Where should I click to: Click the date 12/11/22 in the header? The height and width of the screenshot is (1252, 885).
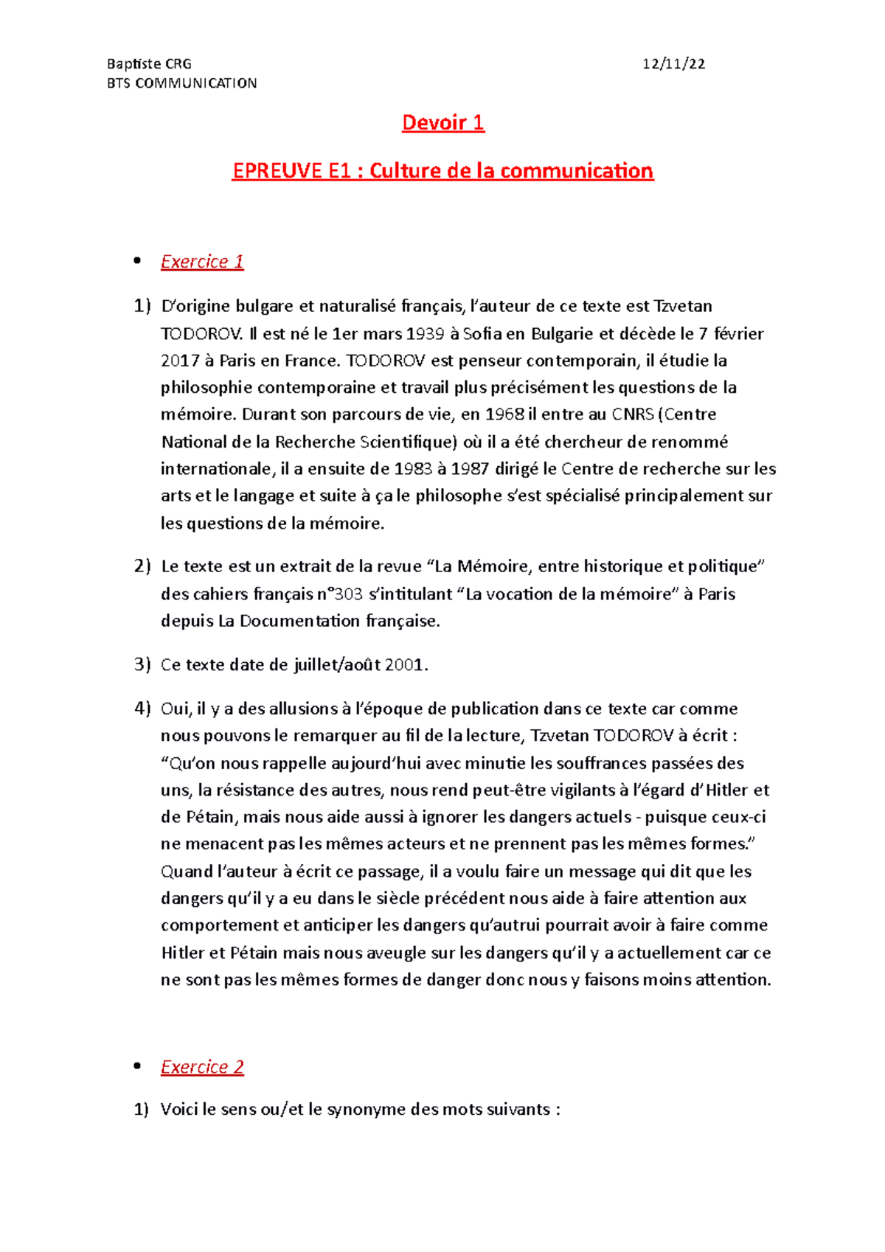click(x=673, y=64)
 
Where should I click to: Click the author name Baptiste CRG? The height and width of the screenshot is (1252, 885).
click(x=149, y=64)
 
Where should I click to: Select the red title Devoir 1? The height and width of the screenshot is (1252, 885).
click(x=442, y=122)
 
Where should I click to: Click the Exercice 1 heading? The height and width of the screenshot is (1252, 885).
click(x=202, y=262)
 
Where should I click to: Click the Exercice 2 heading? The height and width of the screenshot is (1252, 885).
click(x=202, y=1067)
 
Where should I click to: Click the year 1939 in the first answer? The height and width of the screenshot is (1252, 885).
click(x=425, y=334)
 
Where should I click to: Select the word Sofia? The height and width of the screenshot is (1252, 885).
click(x=482, y=334)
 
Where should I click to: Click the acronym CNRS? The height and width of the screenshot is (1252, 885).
click(x=632, y=414)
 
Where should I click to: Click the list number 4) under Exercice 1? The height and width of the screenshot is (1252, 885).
click(x=142, y=709)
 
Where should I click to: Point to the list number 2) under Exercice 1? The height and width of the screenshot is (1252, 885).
click(x=142, y=566)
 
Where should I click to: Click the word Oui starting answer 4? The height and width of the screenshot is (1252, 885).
click(x=176, y=709)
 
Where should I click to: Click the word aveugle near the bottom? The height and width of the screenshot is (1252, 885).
click(x=398, y=953)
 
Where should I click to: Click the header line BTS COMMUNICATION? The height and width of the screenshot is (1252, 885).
click(x=182, y=83)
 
